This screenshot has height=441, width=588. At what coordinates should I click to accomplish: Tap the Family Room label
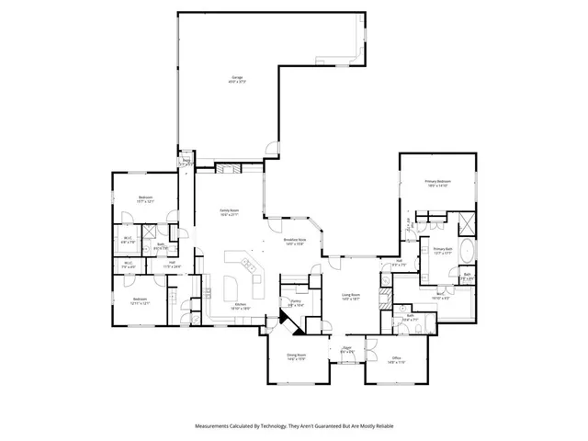click(229, 212)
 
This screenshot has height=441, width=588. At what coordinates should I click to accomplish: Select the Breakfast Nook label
click(296, 242)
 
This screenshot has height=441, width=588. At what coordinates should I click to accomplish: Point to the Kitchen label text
click(239, 306)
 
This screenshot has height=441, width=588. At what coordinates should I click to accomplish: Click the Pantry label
click(297, 302)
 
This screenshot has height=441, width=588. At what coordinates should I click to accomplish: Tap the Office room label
click(396, 359)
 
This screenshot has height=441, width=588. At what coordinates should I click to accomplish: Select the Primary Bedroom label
click(437, 184)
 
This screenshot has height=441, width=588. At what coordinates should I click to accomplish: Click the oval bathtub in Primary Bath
click(466, 251)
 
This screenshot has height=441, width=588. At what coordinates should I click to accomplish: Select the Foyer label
click(347, 350)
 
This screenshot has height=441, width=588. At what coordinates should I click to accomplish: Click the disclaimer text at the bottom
click(294, 426)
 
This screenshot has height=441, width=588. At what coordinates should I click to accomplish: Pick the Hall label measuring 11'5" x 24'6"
click(172, 266)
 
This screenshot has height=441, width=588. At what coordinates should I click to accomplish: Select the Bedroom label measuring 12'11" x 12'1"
click(140, 300)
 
